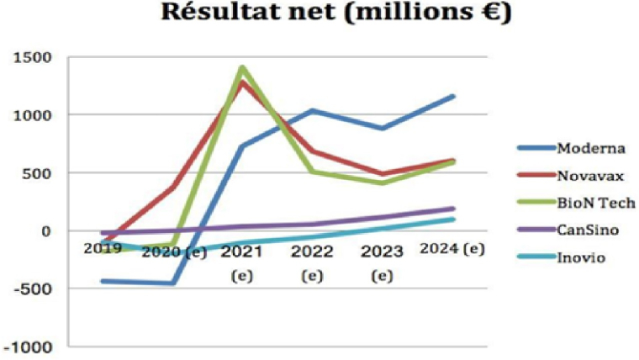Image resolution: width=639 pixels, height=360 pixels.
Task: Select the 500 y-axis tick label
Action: pyautogui.click(x=40, y=172)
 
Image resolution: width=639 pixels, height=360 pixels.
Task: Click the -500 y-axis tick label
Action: pyautogui.click(x=37, y=289)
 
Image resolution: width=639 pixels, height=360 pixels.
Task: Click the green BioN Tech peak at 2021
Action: pyautogui.click(x=242, y=67)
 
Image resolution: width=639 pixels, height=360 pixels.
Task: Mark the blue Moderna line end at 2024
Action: pyautogui.click(x=454, y=96)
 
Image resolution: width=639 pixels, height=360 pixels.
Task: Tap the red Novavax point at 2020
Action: pyautogui.click(x=172, y=188)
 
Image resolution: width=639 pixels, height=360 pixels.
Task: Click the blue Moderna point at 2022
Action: pyautogui.click(x=313, y=110)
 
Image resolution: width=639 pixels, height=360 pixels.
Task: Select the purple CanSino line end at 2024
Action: pyautogui.click(x=454, y=209)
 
